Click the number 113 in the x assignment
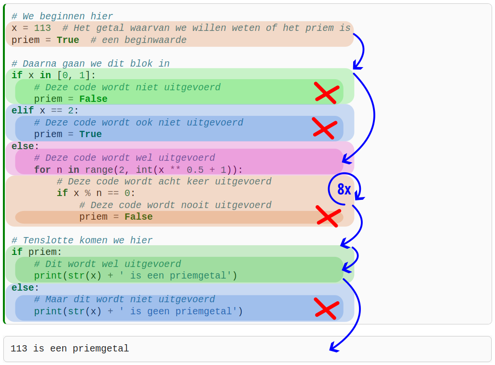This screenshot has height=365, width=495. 42,28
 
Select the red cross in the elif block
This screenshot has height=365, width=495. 324,128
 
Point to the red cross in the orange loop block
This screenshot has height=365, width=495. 328,216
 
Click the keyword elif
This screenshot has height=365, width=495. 23,111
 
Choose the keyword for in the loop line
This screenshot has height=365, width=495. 42,170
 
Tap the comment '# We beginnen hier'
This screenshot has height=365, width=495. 62,16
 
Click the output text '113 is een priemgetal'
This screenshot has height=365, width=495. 70,349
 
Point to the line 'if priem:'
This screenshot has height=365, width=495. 37,252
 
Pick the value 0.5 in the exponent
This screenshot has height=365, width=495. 195,170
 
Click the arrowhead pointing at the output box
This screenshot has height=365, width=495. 332,347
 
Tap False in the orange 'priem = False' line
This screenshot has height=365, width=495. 138,217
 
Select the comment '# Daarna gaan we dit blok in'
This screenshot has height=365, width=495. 90,64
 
